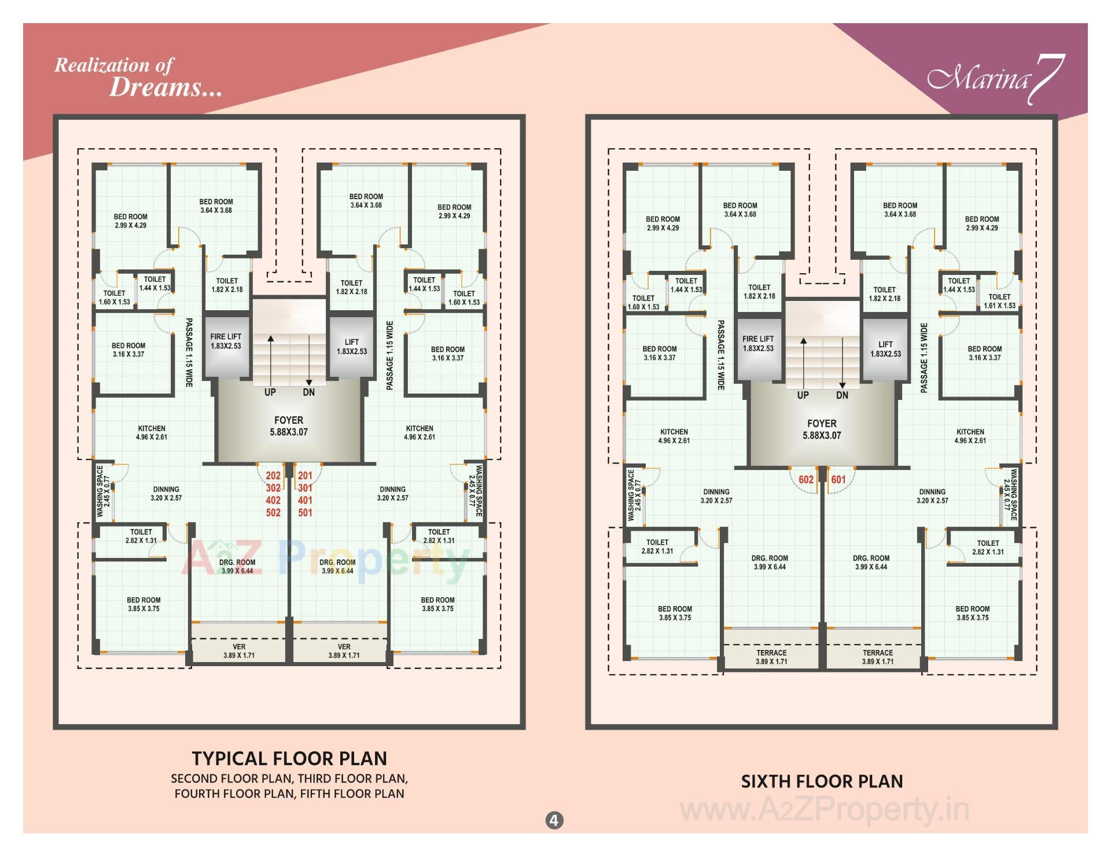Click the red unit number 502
tap(273, 513)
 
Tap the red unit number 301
tap(305, 488)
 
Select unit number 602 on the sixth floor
tap(806, 479)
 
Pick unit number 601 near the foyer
tap(838, 479)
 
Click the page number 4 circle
tap(554, 820)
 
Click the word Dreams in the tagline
tap(165, 88)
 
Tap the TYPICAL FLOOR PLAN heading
tap(289, 758)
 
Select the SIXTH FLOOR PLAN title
tap(822, 781)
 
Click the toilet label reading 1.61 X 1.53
tap(999, 301)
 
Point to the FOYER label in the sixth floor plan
tap(822, 424)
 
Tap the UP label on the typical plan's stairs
tap(270, 392)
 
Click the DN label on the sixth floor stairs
tap(842, 395)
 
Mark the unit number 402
tap(273, 500)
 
